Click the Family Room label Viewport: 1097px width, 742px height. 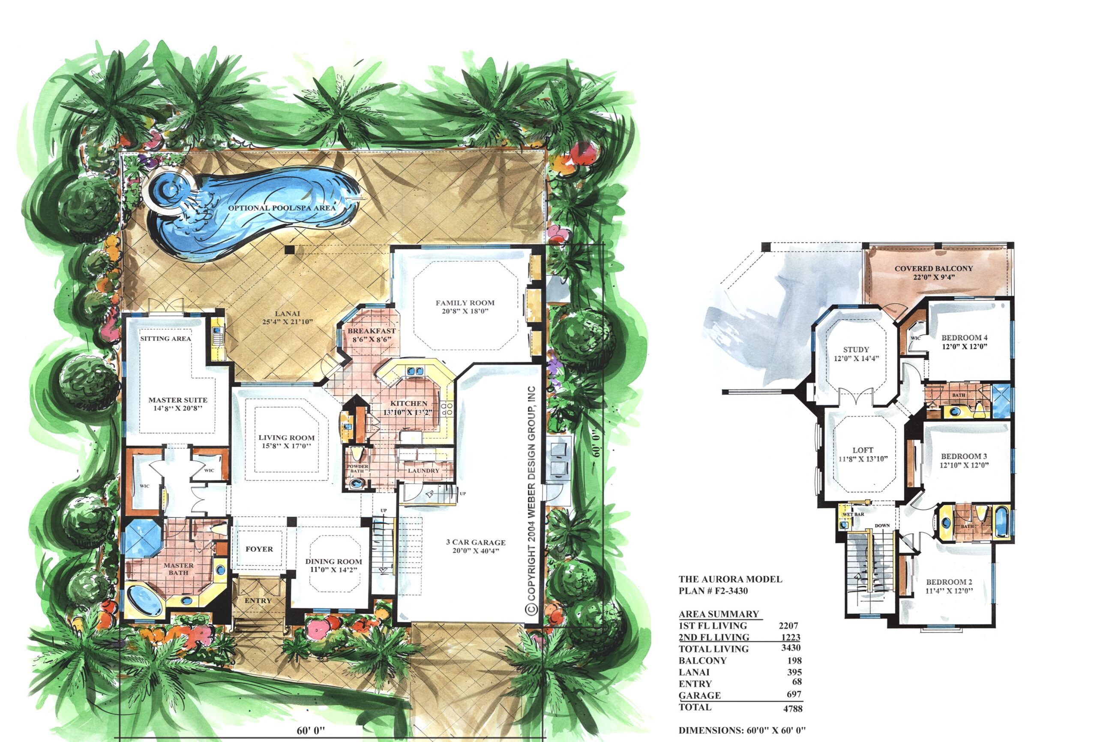pyautogui.click(x=465, y=302)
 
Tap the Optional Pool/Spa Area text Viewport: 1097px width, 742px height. pyautogui.click(x=282, y=208)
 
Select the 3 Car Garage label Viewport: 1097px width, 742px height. pyautogui.click(x=476, y=542)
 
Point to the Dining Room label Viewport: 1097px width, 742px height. pyautogui.click(x=333, y=561)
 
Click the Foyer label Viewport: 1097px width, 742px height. pyautogui.click(x=259, y=549)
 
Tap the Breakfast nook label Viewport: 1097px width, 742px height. pyautogui.click(x=372, y=331)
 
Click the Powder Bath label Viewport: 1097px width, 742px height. pyautogui.click(x=357, y=468)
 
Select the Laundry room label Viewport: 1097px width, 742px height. pyautogui.click(x=423, y=470)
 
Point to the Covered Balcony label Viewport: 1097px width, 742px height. pyautogui.click(x=934, y=268)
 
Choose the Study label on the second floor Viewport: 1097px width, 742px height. pyautogui.click(x=856, y=349)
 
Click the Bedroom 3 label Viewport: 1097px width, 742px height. pyautogui.click(x=964, y=456)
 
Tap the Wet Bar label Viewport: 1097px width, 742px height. pyautogui.click(x=854, y=514)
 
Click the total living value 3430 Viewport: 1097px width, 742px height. pyautogui.click(x=791, y=648)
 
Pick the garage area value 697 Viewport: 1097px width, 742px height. pyautogui.click(x=794, y=694)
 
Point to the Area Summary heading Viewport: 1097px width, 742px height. pyautogui.click(x=719, y=614)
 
